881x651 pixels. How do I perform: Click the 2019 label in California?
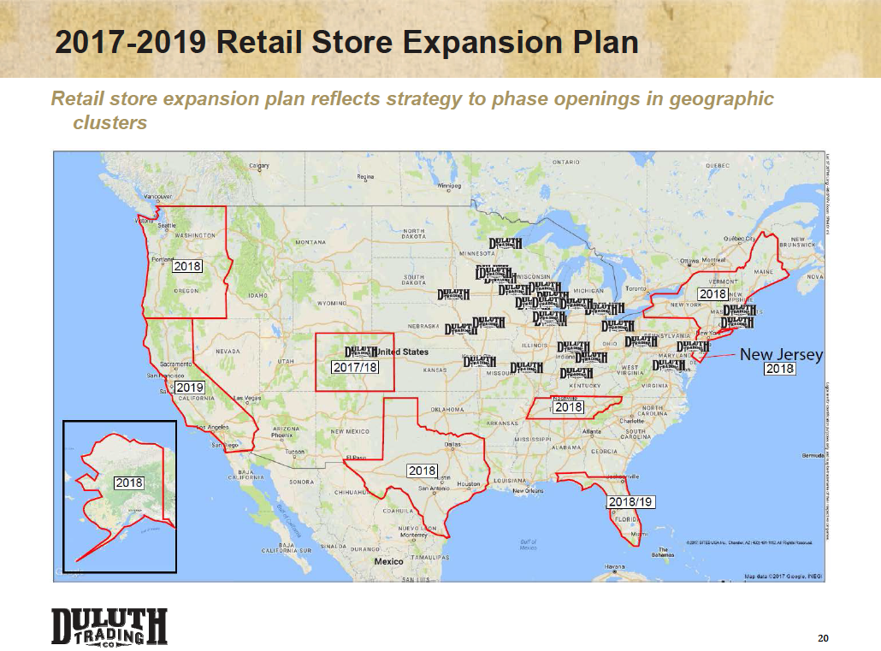(x=189, y=388)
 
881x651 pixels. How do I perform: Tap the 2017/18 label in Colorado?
(x=354, y=367)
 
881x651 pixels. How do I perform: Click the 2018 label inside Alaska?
(x=129, y=483)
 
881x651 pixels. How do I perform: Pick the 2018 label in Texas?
(x=423, y=470)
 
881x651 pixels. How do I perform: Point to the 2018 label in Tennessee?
(x=569, y=407)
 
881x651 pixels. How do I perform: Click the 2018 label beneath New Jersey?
(x=780, y=369)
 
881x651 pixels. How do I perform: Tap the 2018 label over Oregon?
(x=187, y=266)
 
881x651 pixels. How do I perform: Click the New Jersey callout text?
(x=781, y=354)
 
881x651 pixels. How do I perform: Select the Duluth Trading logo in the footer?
(x=109, y=627)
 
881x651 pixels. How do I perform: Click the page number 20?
(x=824, y=638)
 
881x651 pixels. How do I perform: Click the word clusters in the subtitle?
(x=110, y=122)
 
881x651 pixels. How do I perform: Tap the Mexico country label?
(x=388, y=561)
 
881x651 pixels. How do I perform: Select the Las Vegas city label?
(x=248, y=398)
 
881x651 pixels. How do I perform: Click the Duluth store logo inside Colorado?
(x=361, y=352)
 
